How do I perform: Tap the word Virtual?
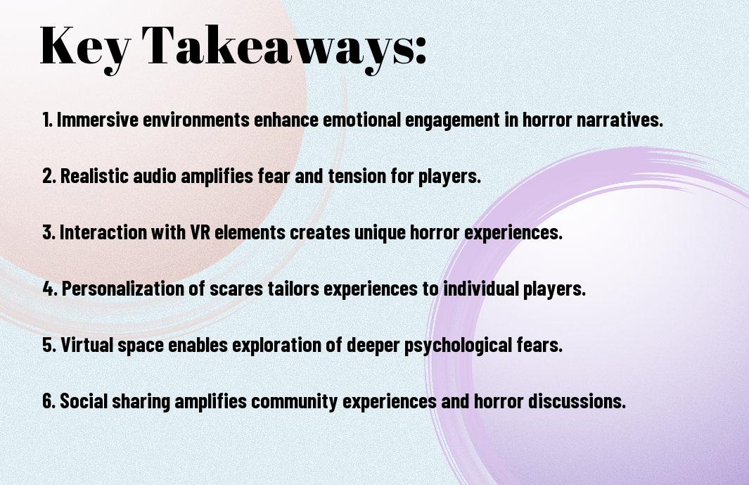[87, 345]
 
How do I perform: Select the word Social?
[84, 401]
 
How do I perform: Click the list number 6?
[48, 401]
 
